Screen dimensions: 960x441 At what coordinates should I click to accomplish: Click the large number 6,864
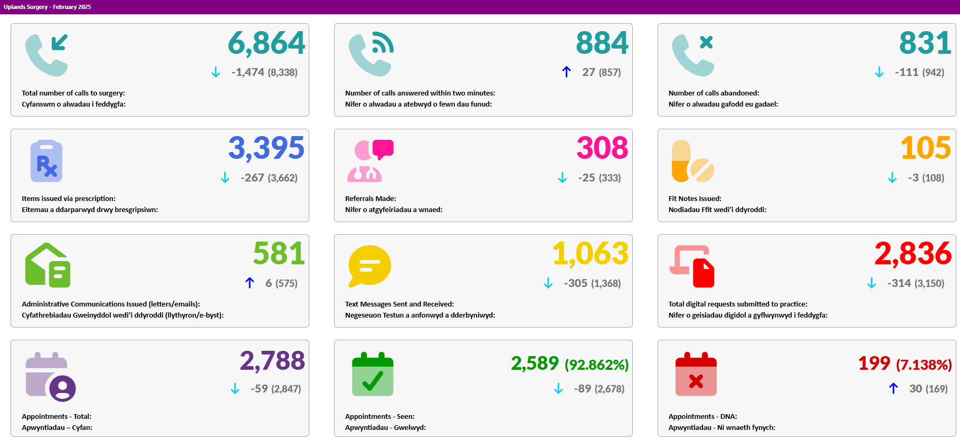[267, 43]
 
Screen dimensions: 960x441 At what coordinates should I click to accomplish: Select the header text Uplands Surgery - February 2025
[47, 7]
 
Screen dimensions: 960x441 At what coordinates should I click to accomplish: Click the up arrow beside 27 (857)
[566, 72]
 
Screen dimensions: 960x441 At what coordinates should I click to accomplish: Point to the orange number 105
[926, 148]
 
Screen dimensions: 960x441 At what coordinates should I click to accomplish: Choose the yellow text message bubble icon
[369, 266]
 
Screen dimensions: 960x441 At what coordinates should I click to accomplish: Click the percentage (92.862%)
[596, 365]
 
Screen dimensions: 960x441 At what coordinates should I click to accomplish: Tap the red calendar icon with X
[696, 374]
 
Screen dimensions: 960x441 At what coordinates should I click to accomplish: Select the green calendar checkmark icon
[373, 374]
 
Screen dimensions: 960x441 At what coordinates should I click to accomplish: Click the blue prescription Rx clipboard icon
[46, 161]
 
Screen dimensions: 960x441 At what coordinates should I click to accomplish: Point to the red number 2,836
[913, 254]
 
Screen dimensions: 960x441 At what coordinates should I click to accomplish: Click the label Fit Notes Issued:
[695, 198]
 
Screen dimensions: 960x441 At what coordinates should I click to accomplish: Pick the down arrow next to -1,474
[215, 72]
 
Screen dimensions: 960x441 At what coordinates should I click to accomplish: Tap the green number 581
[279, 254]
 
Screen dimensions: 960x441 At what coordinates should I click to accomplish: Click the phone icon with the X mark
[693, 55]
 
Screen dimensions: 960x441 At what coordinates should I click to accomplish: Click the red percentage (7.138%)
[924, 365]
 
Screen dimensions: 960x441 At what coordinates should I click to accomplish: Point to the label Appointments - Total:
[56, 416]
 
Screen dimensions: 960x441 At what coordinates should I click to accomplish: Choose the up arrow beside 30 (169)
[894, 388]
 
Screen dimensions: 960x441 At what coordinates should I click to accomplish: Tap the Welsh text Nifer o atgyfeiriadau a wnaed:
[394, 209]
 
